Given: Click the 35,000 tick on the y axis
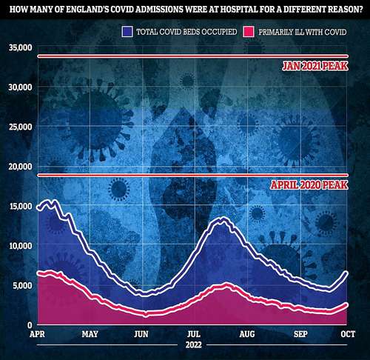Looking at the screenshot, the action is tap(21, 47).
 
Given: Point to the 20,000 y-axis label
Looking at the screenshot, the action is tap(21, 167).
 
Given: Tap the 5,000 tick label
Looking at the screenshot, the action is tap(22, 286).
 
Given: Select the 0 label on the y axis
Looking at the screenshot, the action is tap(30, 325).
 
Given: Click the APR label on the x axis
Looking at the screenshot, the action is tap(37, 334).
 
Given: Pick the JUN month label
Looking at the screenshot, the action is tap(141, 334).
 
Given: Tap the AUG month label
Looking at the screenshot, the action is tap(247, 334).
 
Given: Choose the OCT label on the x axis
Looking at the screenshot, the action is tap(348, 334).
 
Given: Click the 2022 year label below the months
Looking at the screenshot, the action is tap(194, 344).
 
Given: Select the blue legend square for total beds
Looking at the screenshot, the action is tap(127, 32).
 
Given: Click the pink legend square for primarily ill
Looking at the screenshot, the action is tap(249, 32).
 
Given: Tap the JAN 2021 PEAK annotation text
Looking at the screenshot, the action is tap(315, 66).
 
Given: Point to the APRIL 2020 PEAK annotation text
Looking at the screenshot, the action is tap(309, 185).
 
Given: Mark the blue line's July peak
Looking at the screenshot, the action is tap(223, 219).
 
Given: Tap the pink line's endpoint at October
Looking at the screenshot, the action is tap(346, 305).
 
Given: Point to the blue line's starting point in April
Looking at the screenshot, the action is tap(38, 207).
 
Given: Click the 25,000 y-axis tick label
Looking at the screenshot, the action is tap(21, 127).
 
